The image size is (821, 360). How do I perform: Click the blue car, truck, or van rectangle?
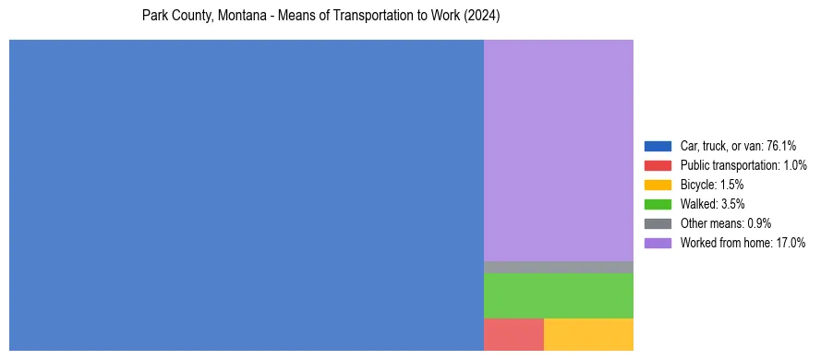coord(247,195)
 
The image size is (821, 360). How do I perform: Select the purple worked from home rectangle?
coord(558,150)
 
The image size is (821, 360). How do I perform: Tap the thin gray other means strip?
coord(558,267)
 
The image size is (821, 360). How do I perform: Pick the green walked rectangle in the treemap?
coord(558,295)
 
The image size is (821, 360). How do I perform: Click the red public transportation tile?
coord(513,334)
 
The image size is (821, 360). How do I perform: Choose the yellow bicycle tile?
coord(588,334)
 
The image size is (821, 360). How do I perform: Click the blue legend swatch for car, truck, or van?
coord(658,146)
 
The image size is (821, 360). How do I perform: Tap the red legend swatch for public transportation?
coord(658,165)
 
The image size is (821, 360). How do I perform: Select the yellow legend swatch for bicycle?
coord(658,185)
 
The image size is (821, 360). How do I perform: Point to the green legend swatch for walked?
coord(658,204)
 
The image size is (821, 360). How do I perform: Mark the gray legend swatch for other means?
coord(658,223)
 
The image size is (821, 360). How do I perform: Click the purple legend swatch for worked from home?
coord(658,243)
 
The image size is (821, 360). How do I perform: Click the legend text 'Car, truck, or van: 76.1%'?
coord(738,146)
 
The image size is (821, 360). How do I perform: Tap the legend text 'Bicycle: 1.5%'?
coord(712,185)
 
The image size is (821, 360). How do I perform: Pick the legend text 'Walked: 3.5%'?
coord(712,204)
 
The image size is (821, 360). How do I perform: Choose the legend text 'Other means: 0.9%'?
coord(726,223)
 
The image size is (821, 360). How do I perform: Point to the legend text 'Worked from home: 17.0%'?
coord(743,243)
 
